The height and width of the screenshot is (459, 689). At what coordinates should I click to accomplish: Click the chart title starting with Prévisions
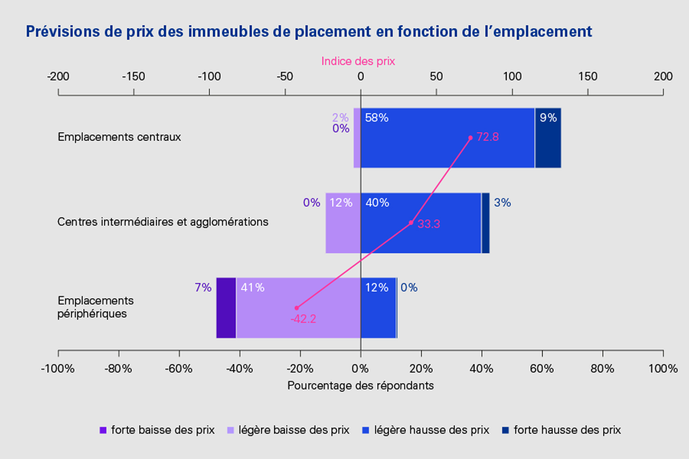(x=309, y=31)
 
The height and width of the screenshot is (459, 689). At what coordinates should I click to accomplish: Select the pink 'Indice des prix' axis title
(x=358, y=61)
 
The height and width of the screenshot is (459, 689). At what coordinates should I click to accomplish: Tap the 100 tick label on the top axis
(x=512, y=77)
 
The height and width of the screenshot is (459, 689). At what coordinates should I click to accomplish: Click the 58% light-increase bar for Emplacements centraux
(x=447, y=138)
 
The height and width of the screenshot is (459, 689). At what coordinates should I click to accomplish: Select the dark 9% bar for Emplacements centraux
(x=548, y=138)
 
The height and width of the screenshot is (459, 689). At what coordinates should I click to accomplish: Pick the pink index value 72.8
(x=487, y=137)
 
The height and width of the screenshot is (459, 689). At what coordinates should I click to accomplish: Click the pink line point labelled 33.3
(x=411, y=223)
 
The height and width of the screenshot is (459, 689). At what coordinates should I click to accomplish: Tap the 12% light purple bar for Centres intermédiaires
(x=343, y=223)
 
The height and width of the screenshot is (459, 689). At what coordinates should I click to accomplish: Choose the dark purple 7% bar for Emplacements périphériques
(x=226, y=308)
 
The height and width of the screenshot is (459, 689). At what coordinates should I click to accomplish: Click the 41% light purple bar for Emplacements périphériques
(x=298, y=308)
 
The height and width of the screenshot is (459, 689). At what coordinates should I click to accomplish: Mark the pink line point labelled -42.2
(x=297, y=308)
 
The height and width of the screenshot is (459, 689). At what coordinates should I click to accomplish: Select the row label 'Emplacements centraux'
(x=119, y=137)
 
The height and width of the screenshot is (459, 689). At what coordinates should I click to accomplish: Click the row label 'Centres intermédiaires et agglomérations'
(x=163, y=222)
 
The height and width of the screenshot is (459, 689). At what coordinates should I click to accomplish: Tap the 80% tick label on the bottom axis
(x=602, y=369)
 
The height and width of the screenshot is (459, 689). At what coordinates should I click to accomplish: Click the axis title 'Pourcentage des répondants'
(x=360, y=386)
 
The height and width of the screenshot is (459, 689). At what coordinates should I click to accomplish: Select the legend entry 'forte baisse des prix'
(x=157, y=430)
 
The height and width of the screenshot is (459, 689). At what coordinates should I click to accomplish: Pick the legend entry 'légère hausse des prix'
(x=426, y=430)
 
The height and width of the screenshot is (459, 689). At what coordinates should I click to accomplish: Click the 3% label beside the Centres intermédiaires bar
(x=502, y=202)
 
